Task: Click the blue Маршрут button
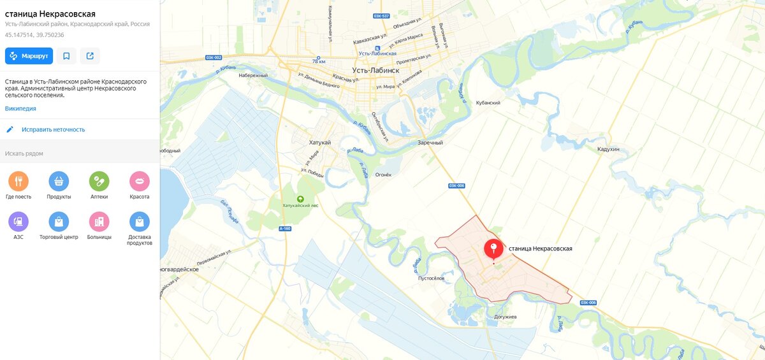29,56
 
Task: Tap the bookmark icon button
66,56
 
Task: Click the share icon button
90,56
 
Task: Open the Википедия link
20,108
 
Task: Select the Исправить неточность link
53,129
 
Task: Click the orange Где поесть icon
18,181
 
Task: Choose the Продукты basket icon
59,181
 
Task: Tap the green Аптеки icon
99,181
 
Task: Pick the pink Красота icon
140,181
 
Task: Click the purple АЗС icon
18,221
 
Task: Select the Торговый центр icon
59,221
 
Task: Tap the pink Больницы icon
99,221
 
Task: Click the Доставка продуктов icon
140,221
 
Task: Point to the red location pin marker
493,249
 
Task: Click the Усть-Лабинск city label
375,70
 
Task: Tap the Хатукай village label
319,142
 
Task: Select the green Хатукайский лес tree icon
301,198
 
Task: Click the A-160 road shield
285,228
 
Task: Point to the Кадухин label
608,149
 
